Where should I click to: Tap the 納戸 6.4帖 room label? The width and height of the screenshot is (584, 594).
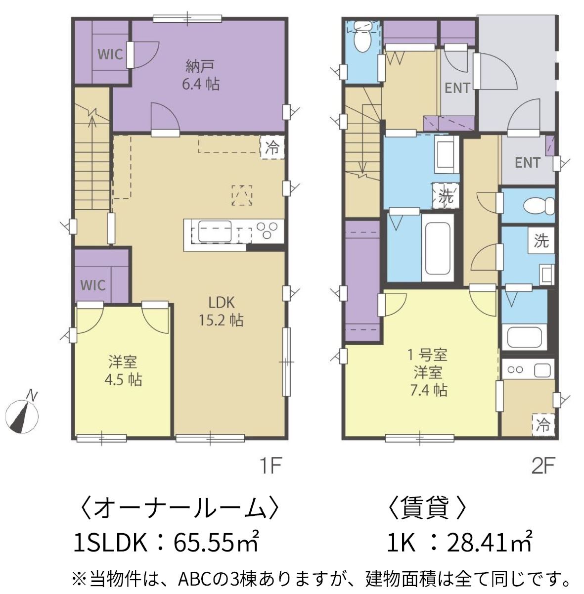201,75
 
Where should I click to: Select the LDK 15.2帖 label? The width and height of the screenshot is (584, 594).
221,312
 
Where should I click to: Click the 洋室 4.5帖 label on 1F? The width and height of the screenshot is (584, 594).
123,371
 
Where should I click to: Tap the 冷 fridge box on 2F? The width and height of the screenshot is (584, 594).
543,425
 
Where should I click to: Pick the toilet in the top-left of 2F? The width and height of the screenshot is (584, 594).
362,37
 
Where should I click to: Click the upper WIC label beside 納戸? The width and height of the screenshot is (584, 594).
110,54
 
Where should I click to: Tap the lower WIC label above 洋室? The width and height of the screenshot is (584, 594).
93,285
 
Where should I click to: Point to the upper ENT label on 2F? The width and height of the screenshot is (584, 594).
457,88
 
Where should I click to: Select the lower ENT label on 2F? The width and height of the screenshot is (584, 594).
528,163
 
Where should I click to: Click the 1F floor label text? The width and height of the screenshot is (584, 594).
270,467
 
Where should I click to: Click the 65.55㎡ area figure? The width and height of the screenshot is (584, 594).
216,543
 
